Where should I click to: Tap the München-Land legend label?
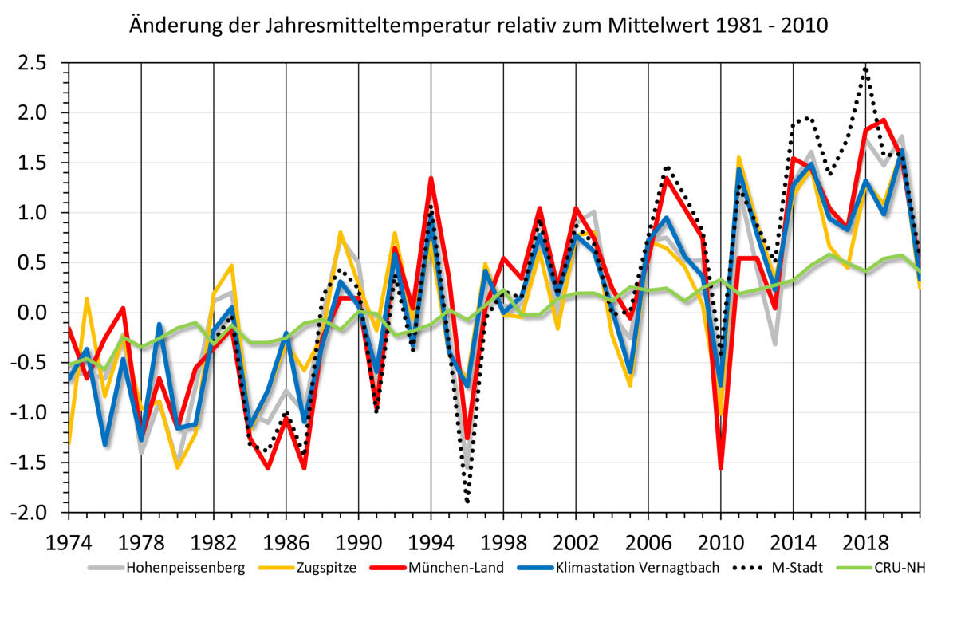coord(456,568)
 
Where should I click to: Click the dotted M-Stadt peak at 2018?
coord(866,69)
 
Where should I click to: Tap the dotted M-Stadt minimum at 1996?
coord(467,501)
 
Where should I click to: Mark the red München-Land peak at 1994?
coord(431,179)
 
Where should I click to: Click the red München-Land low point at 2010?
coord(721,468)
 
